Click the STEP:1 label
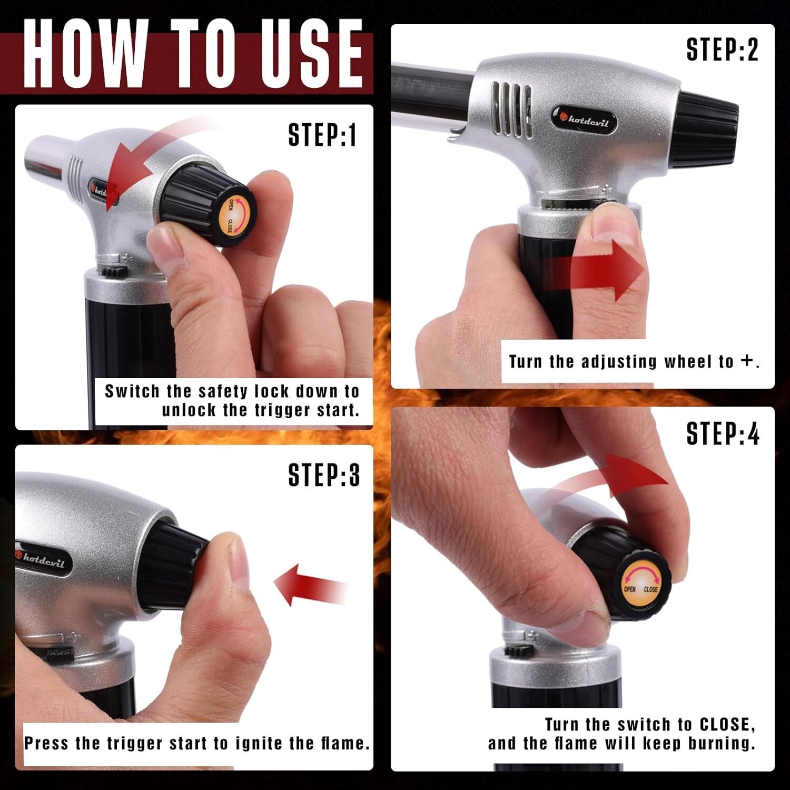coord(322,134)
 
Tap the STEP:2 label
coord(722,50)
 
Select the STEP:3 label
coord(324,475)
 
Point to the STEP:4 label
coord(723,433)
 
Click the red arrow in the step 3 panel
coord(311,585)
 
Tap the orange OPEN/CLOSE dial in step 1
coord(236,215)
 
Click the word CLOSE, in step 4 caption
coord(727,725)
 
